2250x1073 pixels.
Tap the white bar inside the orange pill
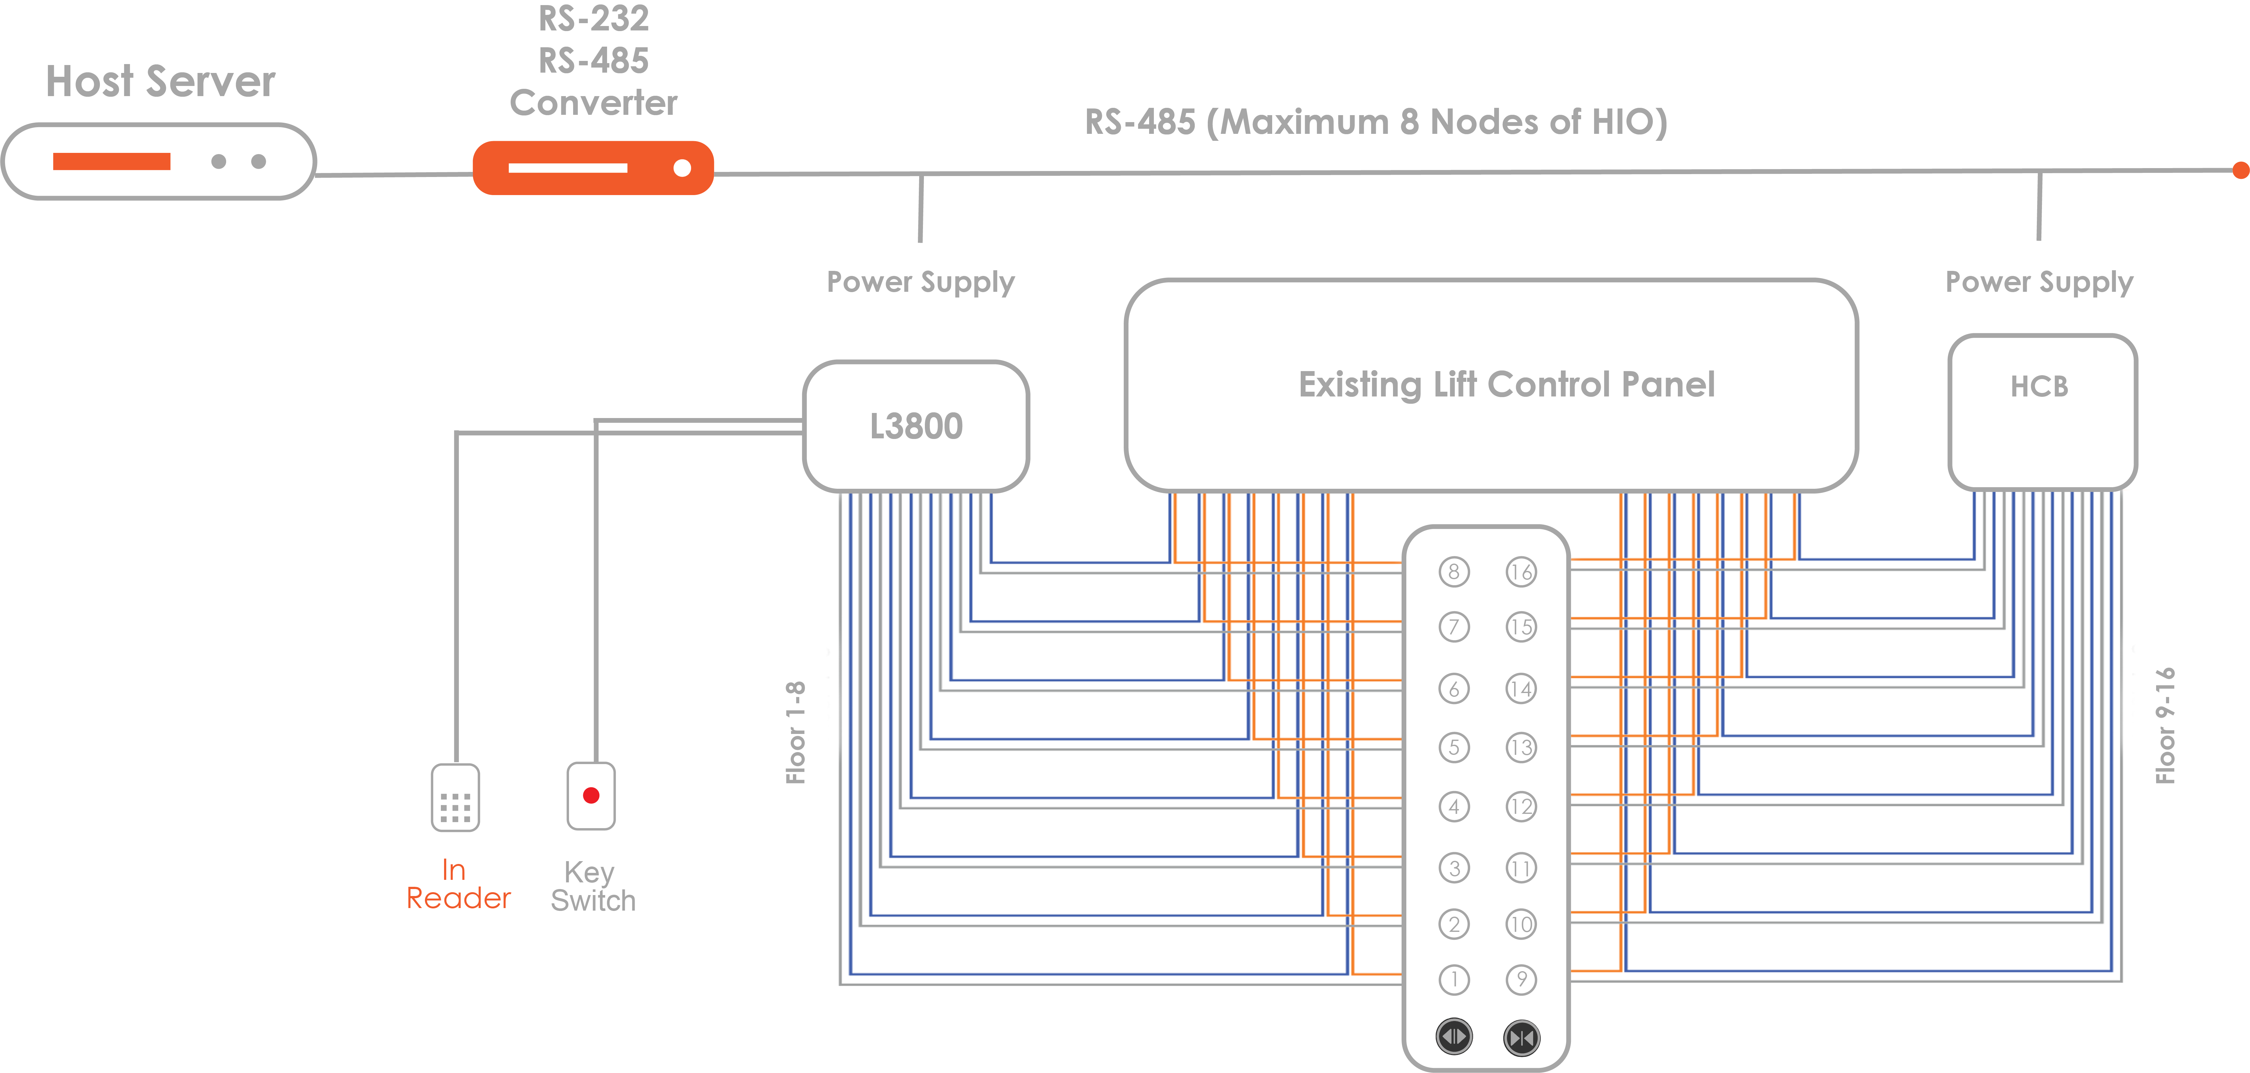pyautogui.click(x=568, y=168)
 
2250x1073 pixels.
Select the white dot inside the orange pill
pyautogui.click(x=682, y=168)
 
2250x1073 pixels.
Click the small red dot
pyautogui.click(x=591, y=795)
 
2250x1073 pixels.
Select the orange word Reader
pyautogui.click(x=459, y=898)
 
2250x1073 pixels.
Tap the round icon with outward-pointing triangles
pyautogui.click(x=1454, y=1037)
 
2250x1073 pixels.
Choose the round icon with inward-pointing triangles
pyautogui.click(x=1521, y=1038)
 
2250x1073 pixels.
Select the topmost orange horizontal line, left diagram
pyautogui.click(x=1288, y=562)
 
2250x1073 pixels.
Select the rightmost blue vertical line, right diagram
pyautogui.click(x=2112, y=734)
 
